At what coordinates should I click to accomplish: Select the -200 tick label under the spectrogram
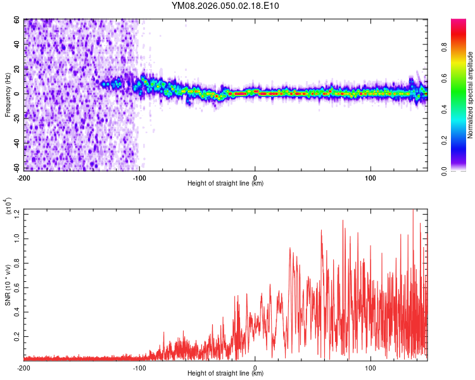24,177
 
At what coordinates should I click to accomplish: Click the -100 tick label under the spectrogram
139,177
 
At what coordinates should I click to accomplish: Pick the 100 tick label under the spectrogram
370,177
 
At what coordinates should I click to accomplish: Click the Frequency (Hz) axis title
8,94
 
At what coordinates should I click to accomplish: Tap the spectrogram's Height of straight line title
225,184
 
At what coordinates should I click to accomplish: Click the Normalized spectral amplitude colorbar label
470,95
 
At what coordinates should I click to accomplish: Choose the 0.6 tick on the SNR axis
16,286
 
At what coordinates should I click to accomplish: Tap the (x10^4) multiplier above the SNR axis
8,205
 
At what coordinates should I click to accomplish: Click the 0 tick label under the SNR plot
255,367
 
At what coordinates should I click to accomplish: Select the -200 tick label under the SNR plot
24,367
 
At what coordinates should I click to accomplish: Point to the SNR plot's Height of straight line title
225,374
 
